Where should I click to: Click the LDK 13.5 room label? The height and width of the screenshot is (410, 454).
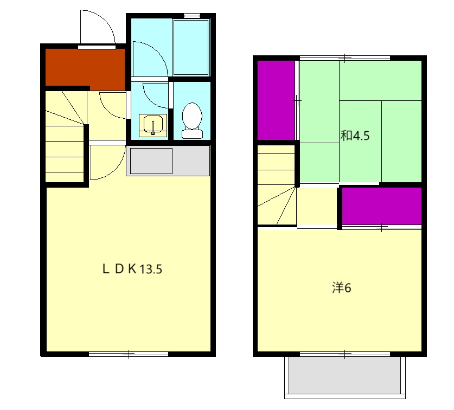pos(132,269)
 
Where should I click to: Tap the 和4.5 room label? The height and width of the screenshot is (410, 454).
pos(355,136)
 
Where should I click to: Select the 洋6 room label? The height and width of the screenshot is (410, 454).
pos(342,288)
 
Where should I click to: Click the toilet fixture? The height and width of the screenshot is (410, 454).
pos(192,120)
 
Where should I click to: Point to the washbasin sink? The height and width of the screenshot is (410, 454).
pos(153,125)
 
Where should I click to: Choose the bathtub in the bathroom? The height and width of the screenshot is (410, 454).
pos(191,47)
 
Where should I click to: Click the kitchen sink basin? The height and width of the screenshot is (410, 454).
pos(151,161)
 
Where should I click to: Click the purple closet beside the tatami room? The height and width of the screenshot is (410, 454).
pos(276,100)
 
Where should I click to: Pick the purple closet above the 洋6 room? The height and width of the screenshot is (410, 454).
pos(382,206)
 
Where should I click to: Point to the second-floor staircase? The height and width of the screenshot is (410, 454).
pos(277,185)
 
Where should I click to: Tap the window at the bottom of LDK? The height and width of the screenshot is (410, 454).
pos(129,354)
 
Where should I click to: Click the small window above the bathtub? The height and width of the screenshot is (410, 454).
pos(192,15)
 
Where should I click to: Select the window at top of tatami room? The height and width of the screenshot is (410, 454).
pos(345,58)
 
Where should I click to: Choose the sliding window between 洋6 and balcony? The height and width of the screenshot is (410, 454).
pos(345,354)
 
